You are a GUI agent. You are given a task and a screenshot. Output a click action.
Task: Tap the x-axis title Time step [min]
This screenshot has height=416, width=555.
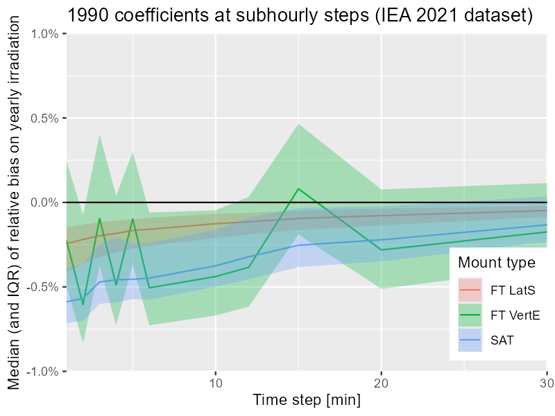pyautogui.click(x=306, y=400)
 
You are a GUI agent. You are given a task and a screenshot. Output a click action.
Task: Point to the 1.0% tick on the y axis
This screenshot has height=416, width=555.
pyautogui.click(x=44, y=34)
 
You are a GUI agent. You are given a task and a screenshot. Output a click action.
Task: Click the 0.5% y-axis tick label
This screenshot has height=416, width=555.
pyautogui.click(x=44, y=118)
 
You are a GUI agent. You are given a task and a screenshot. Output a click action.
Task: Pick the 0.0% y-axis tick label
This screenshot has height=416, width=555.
pyautogui.click(x=44, y=202)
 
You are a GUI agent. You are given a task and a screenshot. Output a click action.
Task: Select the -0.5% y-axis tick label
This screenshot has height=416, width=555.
pyautogui.click(x=43, y=286)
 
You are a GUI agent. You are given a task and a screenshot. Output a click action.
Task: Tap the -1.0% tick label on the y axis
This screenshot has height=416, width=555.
pyautogui.click(x=43, y=371)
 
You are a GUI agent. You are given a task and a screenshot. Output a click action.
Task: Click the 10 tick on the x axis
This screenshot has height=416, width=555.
pyautogui.click(x=216, y=382)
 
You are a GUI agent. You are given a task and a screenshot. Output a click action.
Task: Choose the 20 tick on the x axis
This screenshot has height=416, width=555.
pyautogui.click(x=381, y=382)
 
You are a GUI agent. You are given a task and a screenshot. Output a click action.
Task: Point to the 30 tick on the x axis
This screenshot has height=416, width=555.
pyautogui.click(x=545, y=382)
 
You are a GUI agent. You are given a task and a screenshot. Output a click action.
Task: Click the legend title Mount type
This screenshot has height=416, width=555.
pyautogui.click(x=497, y=263)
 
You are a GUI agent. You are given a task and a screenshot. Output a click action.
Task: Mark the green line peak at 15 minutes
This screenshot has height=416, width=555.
pyautogui.click(x=298, y=189)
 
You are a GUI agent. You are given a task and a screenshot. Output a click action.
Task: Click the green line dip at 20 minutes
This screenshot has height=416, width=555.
pyautogui.click(x=381, y=250)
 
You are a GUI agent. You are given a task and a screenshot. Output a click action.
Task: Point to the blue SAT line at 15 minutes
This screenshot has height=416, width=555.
pyautogui.click(x=298, y=245)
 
